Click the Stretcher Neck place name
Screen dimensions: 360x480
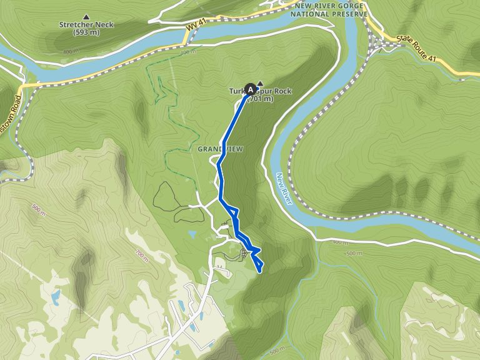pos(86,25)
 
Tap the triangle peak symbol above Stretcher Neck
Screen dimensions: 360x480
pos(86,17)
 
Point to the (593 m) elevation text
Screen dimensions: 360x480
pos(86,32)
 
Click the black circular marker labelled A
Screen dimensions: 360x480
pos(251,89)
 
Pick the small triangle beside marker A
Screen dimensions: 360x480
pos(260,84)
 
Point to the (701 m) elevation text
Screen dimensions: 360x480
pos(260,99)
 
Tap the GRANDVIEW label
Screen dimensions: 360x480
pos(219,149)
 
